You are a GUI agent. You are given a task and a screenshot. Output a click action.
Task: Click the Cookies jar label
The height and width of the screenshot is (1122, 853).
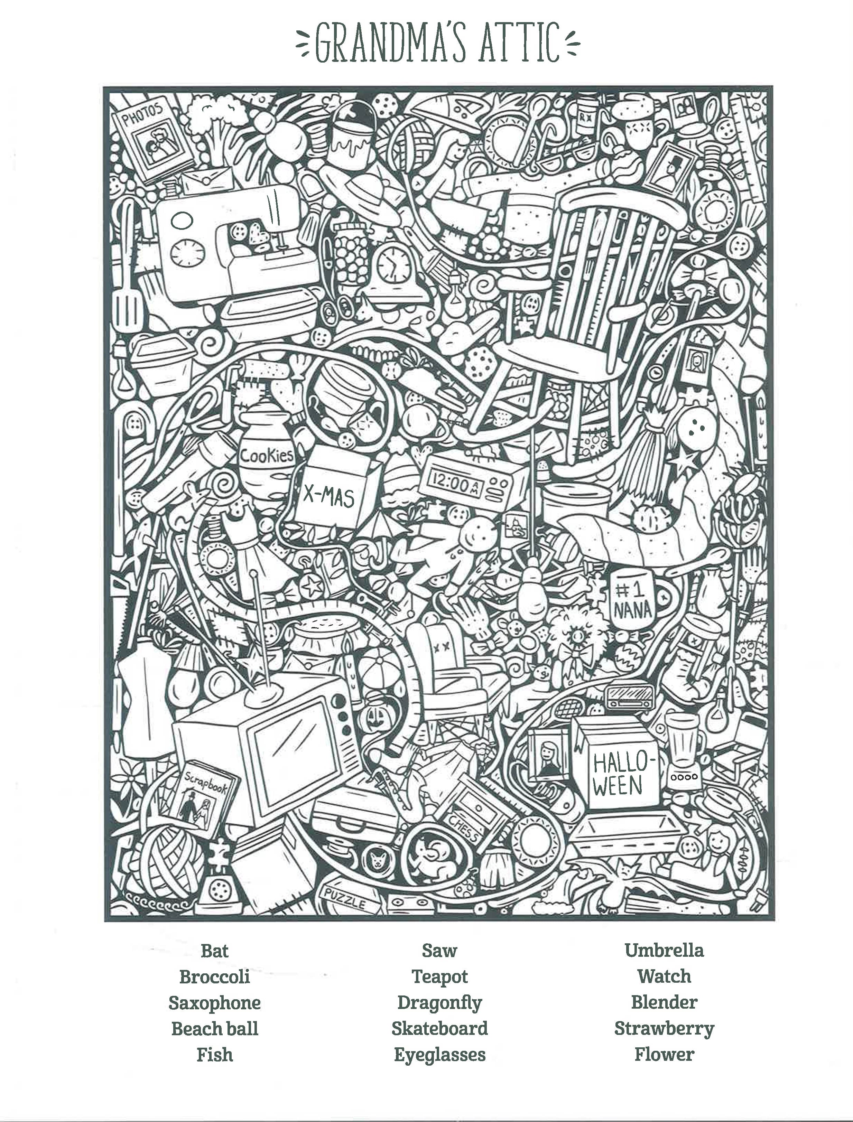coord(267,454)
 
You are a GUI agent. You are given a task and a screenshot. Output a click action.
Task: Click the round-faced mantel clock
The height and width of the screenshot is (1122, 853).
coord(392,264)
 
